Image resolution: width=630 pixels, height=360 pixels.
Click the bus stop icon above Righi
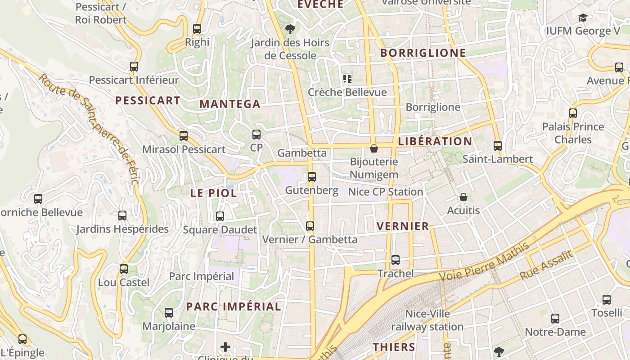(x=197, y=29)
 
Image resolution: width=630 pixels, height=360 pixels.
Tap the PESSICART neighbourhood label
(x=148, y=100)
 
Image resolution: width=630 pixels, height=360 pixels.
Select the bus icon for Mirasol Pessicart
(x=183, y=135)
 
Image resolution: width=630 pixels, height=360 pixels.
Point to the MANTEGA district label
(x=230, y=104)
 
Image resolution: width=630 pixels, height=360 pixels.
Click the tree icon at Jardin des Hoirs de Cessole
(x=290, y=29)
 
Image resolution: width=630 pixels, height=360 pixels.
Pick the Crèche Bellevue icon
(x=347, y=79)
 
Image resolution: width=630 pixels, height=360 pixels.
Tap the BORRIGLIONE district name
(x=423, y=53)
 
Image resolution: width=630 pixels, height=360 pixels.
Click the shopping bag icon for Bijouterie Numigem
(x=373, y=148)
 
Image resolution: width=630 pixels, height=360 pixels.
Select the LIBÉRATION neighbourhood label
(x=435, y=141)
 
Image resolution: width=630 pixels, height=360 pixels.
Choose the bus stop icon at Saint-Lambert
(x=497, y=145)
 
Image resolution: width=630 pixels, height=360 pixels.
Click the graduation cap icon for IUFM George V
(x=583, y=18)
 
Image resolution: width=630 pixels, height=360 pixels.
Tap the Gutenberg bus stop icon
(x=311, y=177)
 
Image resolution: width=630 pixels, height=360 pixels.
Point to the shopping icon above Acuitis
(x=463, y=197)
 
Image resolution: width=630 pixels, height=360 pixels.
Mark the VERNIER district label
(x=403, y=226)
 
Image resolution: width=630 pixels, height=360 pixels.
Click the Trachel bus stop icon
(x=395, y=260)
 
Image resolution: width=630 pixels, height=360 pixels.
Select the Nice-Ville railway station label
(x=427, y=320)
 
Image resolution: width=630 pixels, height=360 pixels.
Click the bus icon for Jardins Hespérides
(x=122, y=216)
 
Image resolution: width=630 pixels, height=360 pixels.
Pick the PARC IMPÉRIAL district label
(x=234, y=307)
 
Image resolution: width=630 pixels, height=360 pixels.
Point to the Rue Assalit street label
(x=547, y=265)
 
